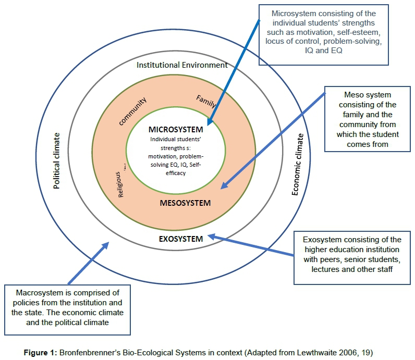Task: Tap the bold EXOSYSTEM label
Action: pos(180,239)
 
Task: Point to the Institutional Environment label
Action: pos(182,65)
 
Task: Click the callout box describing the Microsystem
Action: pos(324,35)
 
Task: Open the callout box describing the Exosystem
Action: pos(352,255)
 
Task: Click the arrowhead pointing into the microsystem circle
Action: pos(210,123)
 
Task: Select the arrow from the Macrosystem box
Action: pos(89,261)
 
